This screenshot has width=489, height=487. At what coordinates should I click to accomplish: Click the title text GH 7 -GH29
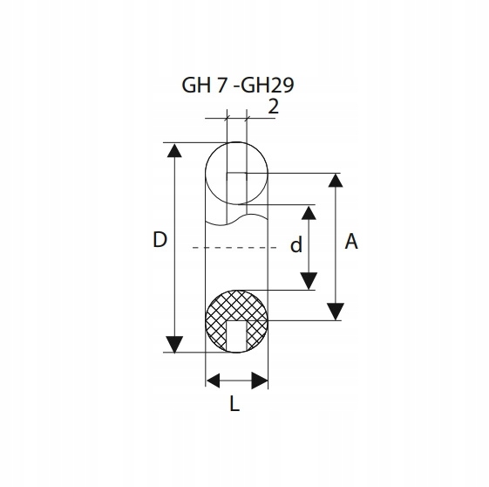[238, 86]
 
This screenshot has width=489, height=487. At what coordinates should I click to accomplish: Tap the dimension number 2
[273, 106]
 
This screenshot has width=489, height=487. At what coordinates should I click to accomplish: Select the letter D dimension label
[160, 240]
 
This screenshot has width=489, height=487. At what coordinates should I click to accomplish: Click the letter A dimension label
[351, 241]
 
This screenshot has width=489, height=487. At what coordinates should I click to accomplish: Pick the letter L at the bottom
[234, 403]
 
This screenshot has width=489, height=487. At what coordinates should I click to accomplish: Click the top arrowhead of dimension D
[174, 150]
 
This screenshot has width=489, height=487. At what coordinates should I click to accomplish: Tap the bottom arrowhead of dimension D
[174, 345]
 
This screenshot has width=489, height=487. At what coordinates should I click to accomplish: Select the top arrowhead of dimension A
[336, 180]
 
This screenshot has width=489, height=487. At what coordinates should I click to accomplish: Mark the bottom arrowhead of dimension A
[336, 312]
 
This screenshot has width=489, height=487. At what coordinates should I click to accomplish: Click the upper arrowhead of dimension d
[309, 213]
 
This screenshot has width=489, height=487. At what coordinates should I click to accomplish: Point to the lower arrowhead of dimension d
[309, 281]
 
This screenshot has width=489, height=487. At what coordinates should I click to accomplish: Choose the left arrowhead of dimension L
[214, 381]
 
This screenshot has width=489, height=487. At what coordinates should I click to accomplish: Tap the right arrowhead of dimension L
[260, 381]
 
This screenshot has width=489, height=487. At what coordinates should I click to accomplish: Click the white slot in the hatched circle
[236, 336]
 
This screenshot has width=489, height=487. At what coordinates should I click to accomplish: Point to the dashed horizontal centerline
[234, 248]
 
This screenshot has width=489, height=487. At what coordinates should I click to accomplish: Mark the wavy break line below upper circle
[236, 219]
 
